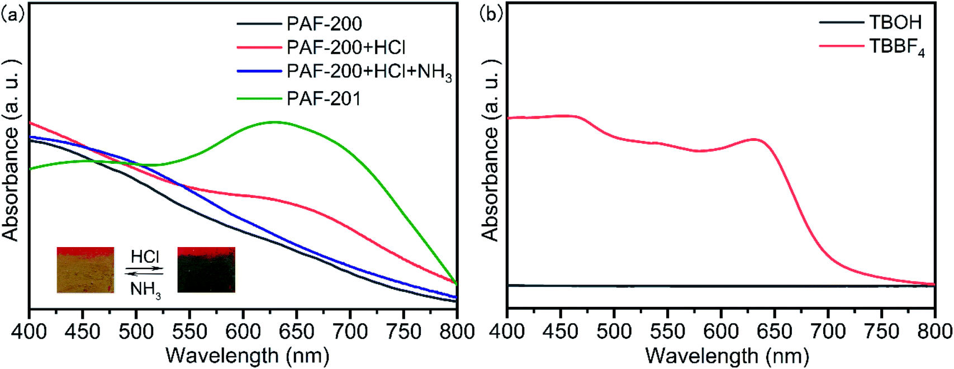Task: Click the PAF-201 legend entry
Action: pyautogui.click(x=324, y=99)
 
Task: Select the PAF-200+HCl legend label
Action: pyautogui.click(x=346, y=48)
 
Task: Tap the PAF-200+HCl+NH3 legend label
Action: pyautogui.click(x=369, y=73)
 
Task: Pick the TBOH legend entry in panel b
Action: pyautogui.click(x=895, y=22)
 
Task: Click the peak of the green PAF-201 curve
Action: pyautogui.click(x=274, y=122)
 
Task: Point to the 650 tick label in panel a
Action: pyautogui.click(x=296, y=332)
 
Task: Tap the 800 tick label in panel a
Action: pyautogui.click(x=457, y=332)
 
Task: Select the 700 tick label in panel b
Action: pyautogui.click(x=828, y=332)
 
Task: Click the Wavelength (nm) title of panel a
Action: pyautogui.click(x=248, y=356)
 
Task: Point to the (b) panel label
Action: pyautogui.click(x=491, y=14)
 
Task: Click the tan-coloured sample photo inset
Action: pyautogui.click(x=85, y=270)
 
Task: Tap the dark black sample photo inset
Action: pyautogui.click(x=206, y=270)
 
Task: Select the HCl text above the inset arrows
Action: pyautogui.click(x=145, y=257)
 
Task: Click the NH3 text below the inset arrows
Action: pyautogui.click(x=145, y=290)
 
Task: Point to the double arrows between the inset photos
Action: pyautogui.click(x=144, y=271)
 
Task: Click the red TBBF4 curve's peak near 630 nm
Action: pyautogui.click(x=754, y=139)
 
